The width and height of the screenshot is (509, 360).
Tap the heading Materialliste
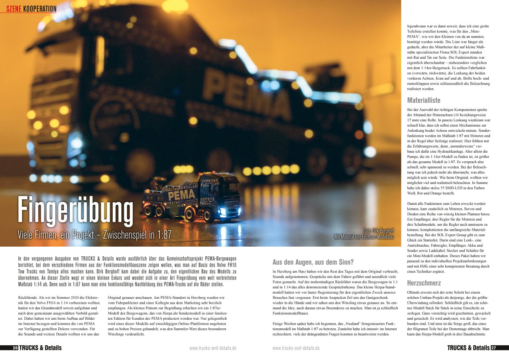(424, 100)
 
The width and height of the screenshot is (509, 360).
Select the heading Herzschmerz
(424, 283)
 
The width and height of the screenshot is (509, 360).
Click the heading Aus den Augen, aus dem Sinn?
(313, 262)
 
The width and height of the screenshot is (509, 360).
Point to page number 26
(15, 348)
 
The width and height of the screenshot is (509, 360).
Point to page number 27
(494, 348)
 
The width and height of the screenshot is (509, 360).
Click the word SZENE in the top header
(14, 9)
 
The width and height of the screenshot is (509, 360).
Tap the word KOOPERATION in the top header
(40, 9)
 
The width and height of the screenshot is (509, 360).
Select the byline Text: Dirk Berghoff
(378, 231)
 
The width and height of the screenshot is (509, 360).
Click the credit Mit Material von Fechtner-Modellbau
(364, 237)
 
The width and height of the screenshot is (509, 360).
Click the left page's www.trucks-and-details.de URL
(213, 348)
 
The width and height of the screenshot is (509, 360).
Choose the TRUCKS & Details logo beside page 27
(468, 348)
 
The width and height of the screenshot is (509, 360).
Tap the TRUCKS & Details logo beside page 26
(40, 348)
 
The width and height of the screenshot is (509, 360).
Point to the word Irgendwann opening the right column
(417, 26)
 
